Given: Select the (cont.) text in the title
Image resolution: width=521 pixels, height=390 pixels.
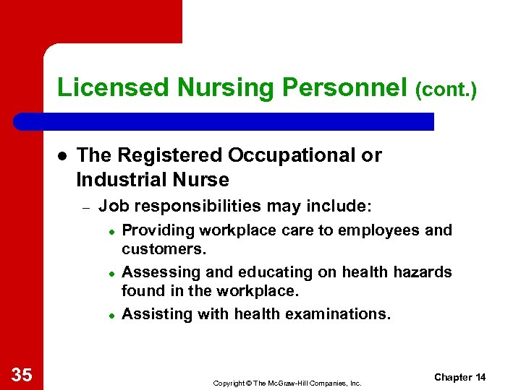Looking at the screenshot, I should (446, 90).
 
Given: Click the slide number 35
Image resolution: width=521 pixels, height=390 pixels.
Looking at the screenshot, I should (22, 374).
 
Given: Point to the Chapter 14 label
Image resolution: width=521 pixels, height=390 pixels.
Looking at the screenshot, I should (460, 378).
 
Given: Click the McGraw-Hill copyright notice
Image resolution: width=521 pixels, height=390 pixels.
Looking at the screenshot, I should (287, 383).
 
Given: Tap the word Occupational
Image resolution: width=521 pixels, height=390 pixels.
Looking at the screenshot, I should (305, 155).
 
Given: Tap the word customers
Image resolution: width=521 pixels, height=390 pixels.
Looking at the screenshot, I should (164, 249).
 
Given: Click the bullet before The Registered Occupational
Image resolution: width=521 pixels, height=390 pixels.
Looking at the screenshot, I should (63, 156).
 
